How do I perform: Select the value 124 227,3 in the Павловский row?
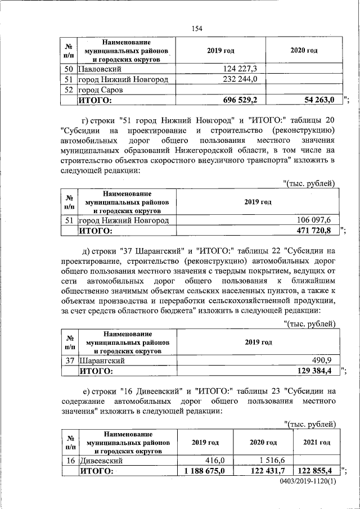pos(236,69)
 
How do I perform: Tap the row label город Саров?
pos(100,90)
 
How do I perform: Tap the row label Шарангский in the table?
pos(101,361)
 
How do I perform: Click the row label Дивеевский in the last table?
pos(102,460)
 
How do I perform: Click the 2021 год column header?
pos(317,443)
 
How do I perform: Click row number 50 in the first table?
pos(68,69)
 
